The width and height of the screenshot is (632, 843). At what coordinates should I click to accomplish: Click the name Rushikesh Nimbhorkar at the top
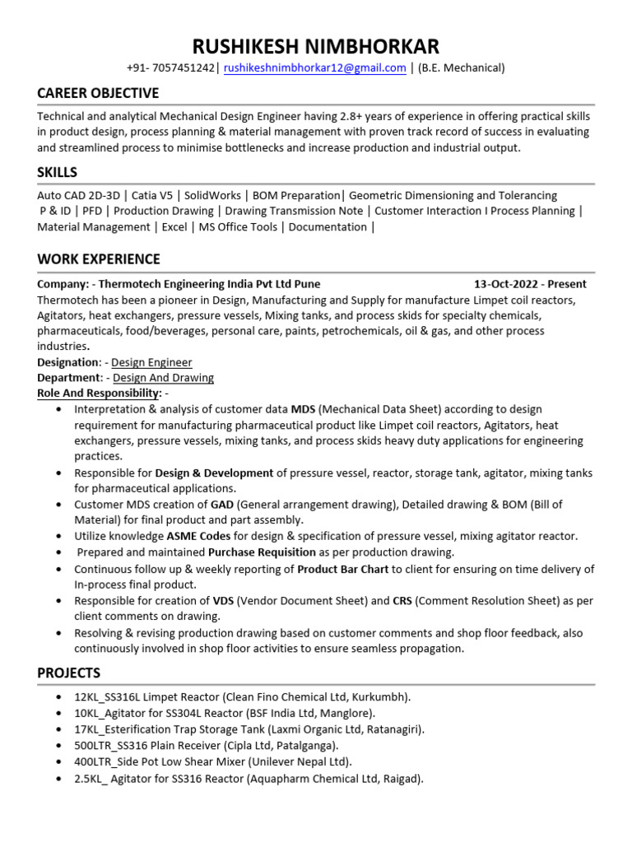pos(316,45)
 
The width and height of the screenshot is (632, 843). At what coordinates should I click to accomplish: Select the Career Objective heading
pos(98,93)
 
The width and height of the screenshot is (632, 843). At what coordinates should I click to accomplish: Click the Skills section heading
pos(58,172)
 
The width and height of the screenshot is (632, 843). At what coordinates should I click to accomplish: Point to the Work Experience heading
pos(99,259)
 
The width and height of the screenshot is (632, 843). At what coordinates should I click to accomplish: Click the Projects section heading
pos(69,673)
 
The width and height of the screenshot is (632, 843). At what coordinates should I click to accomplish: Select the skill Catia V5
pos(154,196)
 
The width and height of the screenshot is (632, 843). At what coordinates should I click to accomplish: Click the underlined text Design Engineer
pos(151,362)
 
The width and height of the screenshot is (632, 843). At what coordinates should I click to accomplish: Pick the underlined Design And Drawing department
pos(163,378)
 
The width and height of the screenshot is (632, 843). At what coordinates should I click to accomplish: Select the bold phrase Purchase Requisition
pos(262,552)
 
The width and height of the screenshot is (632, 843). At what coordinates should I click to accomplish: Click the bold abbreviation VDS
pos(224,601)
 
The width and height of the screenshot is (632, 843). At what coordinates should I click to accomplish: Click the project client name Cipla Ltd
pos(244,745)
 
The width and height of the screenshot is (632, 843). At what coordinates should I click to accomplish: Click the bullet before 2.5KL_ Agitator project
pos(59,779)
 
